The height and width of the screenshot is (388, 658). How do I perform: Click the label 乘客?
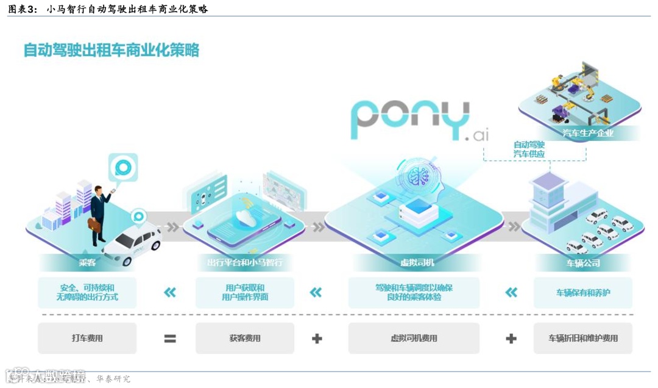click(88, 263)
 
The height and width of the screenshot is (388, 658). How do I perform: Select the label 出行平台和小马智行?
click(244, 263)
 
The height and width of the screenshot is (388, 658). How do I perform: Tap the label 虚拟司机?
click(414, 263)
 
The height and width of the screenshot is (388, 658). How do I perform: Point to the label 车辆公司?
click(583, 263)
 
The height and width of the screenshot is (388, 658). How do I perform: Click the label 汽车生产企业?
click(588, 132)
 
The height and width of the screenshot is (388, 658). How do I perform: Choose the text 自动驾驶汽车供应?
click(528, 149)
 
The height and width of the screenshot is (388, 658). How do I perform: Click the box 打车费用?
click(87, 338)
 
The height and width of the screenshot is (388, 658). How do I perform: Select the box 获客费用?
click(244, 338)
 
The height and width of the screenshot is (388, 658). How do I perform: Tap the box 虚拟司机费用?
click(414, 338)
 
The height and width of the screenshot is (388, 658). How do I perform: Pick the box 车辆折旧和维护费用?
click(583, 338)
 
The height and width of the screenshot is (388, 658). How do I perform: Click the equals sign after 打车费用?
click(170, 339)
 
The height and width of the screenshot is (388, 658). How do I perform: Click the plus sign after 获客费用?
click(317, 339)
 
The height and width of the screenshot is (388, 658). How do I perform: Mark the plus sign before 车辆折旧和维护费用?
click(511, 339)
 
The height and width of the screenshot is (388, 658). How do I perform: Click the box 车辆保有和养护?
click(583, 293)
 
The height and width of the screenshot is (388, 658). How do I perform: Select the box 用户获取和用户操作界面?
click(244, 293)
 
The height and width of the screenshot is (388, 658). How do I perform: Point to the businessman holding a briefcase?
click(100, 213)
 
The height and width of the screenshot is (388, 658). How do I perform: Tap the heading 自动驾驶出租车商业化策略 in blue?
click(111, 50)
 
